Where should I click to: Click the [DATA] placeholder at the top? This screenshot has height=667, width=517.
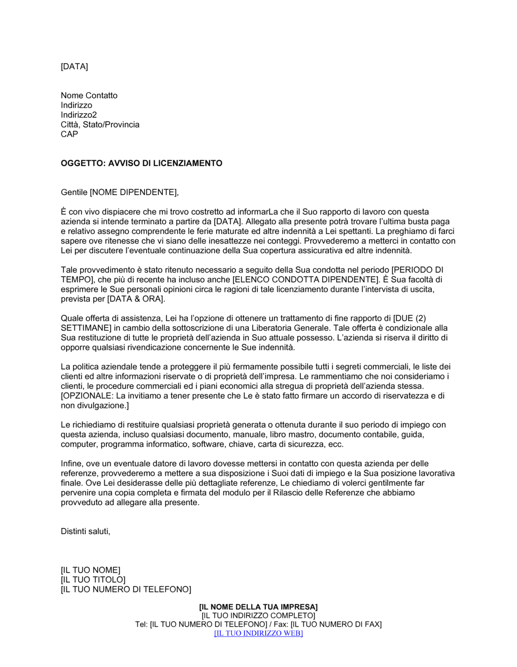[x=74, y=67]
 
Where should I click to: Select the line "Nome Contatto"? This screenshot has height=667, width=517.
[x=89, y=96]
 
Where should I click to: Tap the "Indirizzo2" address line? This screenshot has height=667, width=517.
[x=79, y=115]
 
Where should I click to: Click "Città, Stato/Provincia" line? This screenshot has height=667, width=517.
[x=100, y=125]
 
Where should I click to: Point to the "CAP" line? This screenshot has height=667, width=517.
[x=69, y=134]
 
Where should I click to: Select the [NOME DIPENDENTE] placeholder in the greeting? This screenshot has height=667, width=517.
[x=134, y=192]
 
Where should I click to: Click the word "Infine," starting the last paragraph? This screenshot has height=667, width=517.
[x=71, y=464]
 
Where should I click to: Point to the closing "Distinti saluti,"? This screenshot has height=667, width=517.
[x=85, y=532]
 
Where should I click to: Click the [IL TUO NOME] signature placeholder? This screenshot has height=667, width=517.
[x=90, y=570]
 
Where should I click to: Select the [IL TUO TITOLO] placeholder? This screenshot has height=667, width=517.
[x=93, y=580]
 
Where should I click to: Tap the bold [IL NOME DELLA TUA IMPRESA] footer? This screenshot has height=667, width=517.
[x=258, y=607]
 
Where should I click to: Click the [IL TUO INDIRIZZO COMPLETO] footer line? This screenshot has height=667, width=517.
[x=258, y=616]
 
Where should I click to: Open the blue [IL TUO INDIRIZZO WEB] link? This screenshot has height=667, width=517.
[x=258, y=633]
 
